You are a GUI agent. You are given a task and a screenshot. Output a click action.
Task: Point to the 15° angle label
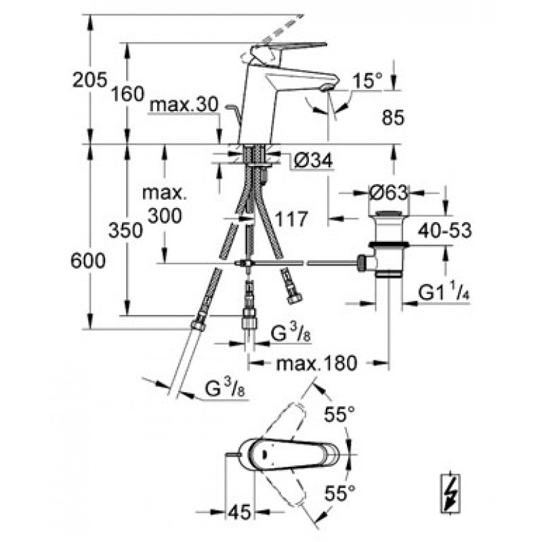coord(367,81)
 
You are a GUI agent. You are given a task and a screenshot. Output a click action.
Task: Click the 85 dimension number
coord(392,118)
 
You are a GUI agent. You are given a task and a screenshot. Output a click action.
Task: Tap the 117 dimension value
coord(292,219)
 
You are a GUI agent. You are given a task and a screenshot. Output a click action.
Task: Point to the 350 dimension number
coord(126,230)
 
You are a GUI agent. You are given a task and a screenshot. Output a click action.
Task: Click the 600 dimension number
coord(89,261)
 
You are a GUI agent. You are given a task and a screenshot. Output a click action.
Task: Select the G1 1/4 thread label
coord(444,292)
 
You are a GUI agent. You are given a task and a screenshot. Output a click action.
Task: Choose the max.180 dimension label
coord(316,364)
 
